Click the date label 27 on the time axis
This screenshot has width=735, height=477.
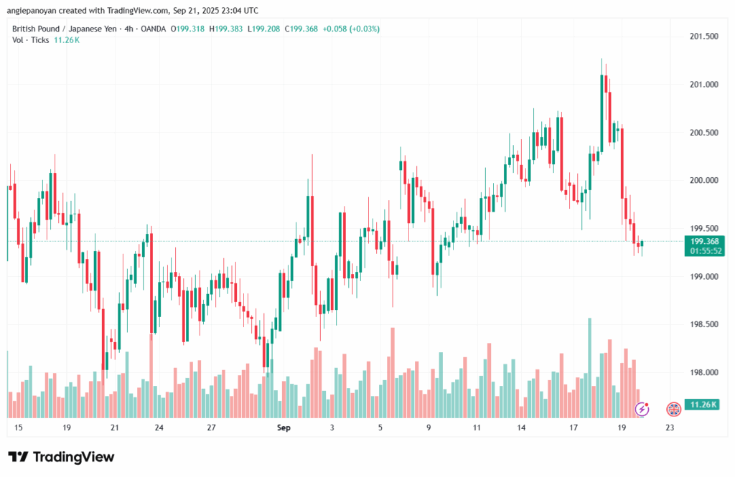click(x=211, y=428)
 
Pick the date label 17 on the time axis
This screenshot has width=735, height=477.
click(x=574, y=428)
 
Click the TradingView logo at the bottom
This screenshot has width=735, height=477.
click(x=61, y=457)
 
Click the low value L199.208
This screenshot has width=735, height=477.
click(x=263, y=29)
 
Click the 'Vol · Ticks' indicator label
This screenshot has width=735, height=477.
click(x=31, y=40)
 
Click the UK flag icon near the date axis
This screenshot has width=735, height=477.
click(x=673, y=409)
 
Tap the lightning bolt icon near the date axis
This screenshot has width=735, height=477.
click(x=643, y=409)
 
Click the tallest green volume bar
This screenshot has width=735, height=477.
click(x=590, y=367)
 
